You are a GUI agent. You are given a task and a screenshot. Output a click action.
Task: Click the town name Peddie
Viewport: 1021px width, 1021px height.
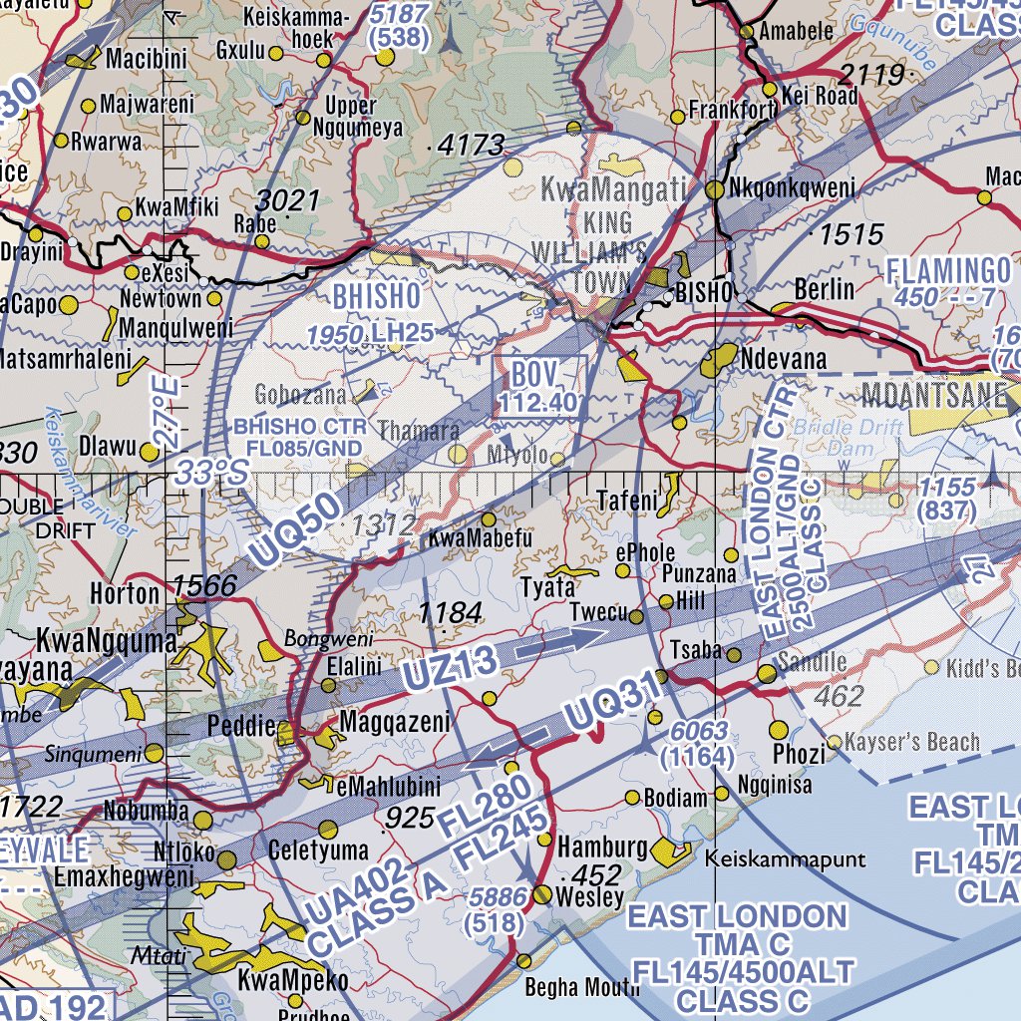(x=240, y=727)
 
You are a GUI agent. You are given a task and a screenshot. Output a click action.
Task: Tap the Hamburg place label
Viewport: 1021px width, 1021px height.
(x=602, y=848)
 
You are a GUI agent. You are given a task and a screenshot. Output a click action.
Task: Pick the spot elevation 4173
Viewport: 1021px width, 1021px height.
(x=471, y=146)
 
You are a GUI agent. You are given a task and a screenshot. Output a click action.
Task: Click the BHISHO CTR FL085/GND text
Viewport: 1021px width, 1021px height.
(x=298, y=437)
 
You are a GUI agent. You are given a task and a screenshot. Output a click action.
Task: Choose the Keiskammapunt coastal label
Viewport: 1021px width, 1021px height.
(x=785, y=858)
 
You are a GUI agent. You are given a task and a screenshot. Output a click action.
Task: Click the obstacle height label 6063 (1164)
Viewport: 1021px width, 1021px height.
(x=698, y=744)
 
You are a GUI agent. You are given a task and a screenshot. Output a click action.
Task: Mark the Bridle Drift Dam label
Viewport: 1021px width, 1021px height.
(x=848, y=439)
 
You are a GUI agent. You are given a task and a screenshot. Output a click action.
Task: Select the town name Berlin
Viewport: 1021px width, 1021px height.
(x=825, y=289)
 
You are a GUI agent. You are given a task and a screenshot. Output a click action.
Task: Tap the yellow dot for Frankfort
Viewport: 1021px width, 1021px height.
(x=678, y=117)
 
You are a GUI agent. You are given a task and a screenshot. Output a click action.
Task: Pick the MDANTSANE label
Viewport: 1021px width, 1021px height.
(x=933, y=394)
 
